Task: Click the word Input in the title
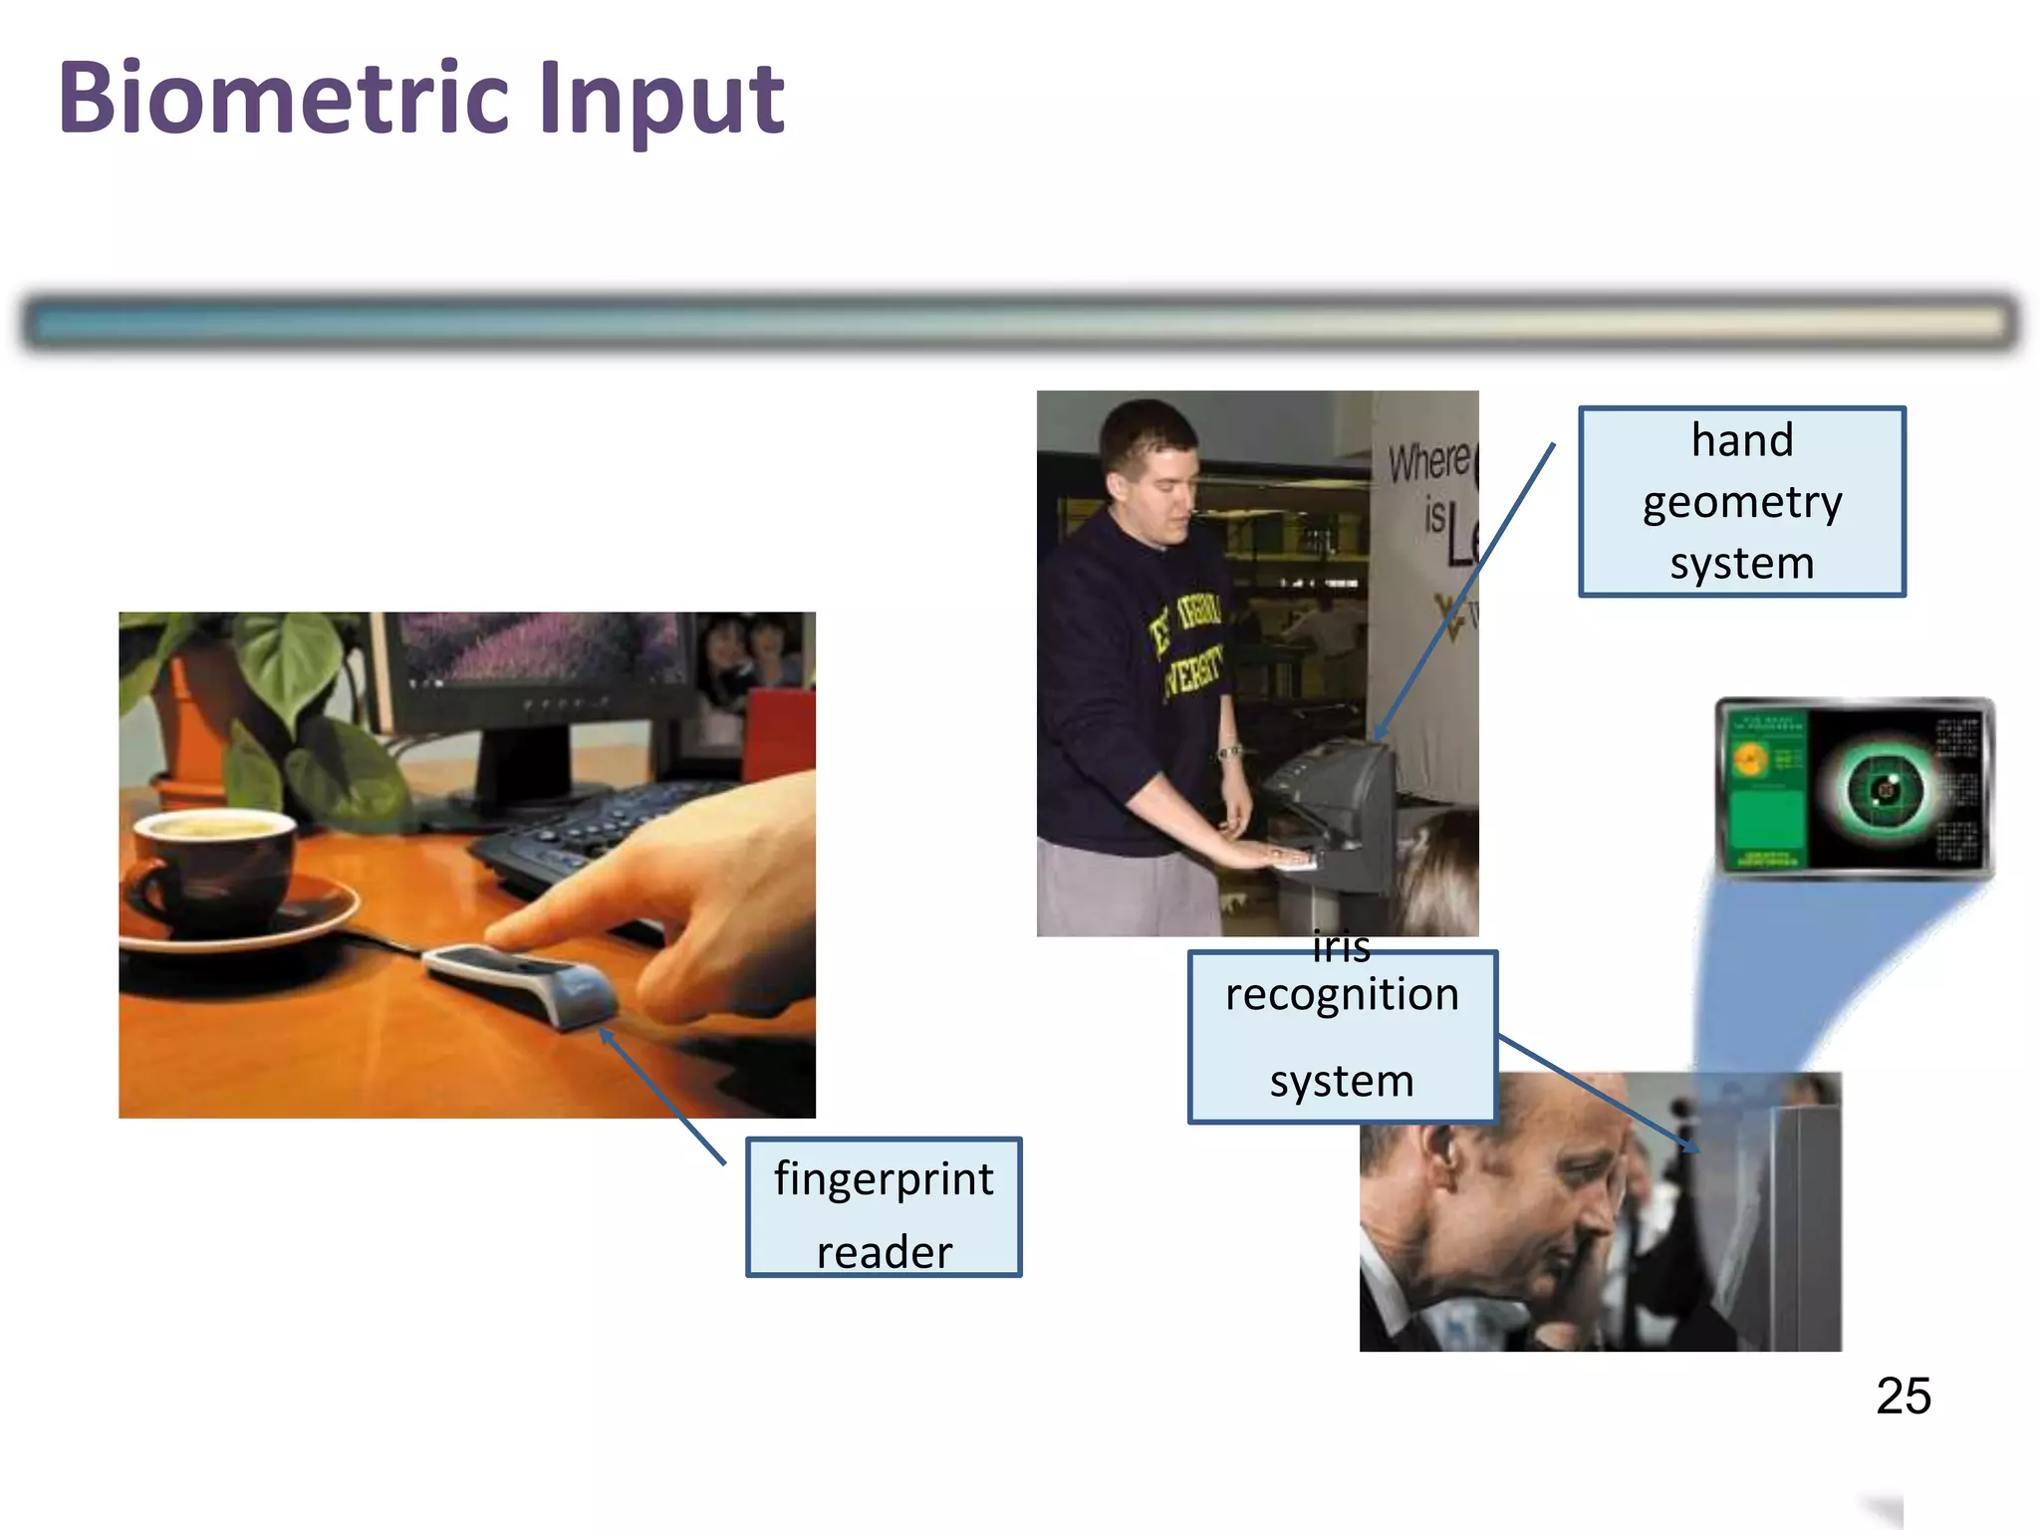tap(661, 100)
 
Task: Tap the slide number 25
tap(1903, 1396)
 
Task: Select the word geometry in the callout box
tap(1741, 502)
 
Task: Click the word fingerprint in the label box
tap(884, 1179)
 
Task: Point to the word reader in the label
tap(884, 1252)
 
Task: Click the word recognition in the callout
tap(1342, 995)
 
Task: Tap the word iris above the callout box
tap(1341, 946)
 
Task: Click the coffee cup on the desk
tap(214, 867)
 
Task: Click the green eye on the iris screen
tap(1883, 791)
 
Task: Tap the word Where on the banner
tap(1428, 461)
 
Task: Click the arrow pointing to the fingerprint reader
tap(662, 1096)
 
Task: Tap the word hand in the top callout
tap(1741, 440)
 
